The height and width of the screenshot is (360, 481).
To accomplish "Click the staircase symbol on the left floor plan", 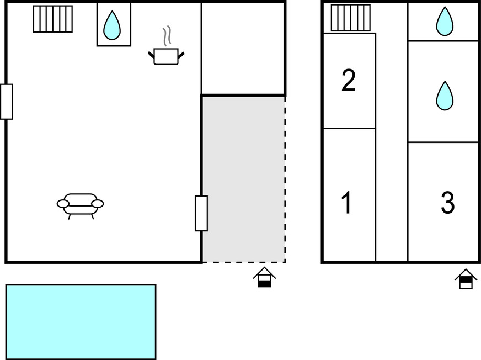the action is pyautogui.click(x=53, y=19).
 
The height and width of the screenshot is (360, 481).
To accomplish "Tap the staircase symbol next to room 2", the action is pyautogui.click(x=351, y=18).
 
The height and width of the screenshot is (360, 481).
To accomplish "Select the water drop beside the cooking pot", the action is pyautogui.click(x=112, y=25).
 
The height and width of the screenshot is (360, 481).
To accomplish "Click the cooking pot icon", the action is pyautogui.click(x=166, y=56).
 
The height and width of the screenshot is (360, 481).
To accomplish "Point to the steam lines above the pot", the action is pyautogui.click(x=167, y=36).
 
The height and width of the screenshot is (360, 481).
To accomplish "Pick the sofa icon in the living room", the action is pyautogui.click(x=80, y=206).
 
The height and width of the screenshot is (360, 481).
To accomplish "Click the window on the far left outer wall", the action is pyautogui.click(x=7, y=102).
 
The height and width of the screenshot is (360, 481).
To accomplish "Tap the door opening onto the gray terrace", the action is pyautogui.click(x=201, y=213).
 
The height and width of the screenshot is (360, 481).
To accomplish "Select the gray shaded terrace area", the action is pyautogui.click(x=244, y=179).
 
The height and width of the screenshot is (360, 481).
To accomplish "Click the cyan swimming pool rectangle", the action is pyautogui.click(x=81, y=321).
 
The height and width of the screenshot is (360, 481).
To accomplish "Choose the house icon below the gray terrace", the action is pyautogui.click(x=264, y=277).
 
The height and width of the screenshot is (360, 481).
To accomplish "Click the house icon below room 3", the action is pyautogui.click(x=466, y=279).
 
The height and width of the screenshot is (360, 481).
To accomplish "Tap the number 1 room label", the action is pyautogui.click(x=346, y=203).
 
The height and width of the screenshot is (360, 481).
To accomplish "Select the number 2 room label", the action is pyautogui.click(x=349, y=81).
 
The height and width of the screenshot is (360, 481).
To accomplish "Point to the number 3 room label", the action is pyautogui.click(x=447, y=203).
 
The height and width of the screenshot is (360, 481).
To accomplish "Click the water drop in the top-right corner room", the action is pyautogui.click(x=445, y=21).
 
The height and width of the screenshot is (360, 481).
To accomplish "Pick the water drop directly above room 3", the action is pyautogui.click(x=445, y=96).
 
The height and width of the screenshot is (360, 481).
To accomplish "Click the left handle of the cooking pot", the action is pyautogui.click(x=151, y=55).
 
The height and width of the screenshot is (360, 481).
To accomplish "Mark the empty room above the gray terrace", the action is pyautogui.click(x=243, y=48).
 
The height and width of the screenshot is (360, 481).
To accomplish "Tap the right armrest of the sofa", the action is pyautogui.click(x=98, y=203).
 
